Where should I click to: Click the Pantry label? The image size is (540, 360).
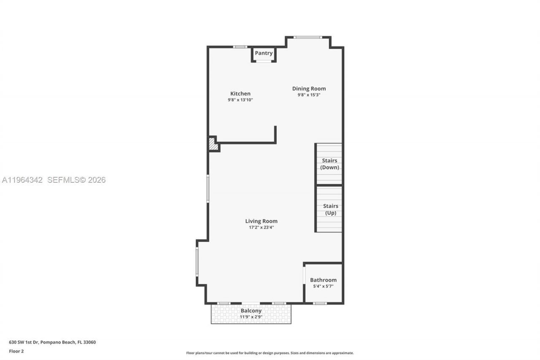click(264, 53)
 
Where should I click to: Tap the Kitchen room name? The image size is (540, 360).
click(240, 94)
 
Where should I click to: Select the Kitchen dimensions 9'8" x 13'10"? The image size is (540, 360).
click(240, 100)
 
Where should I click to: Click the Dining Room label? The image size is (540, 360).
click(309, 89)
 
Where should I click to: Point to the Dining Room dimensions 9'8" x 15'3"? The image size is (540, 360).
click(309, 95)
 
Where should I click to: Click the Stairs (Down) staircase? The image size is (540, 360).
click(329, 164)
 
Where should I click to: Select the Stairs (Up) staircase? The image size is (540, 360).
click(329, 209)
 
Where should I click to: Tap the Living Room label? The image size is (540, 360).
click(261, 221)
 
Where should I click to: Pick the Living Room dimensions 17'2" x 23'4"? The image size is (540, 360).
click(261, 227)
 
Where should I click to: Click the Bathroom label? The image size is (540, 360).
click(323, 280)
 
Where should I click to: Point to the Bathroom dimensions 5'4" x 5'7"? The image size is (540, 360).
click(323, 286)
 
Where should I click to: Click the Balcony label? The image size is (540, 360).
click(251, 311)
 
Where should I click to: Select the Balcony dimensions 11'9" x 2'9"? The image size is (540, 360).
click(251, 317)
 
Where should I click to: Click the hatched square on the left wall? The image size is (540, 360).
click(213, 144)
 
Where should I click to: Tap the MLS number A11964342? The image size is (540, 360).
click(22, 180)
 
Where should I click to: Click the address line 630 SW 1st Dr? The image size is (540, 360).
click(52, 342)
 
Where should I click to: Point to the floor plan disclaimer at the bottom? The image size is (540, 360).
click(270, 353)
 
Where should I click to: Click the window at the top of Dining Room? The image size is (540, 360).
click(308, 37)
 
